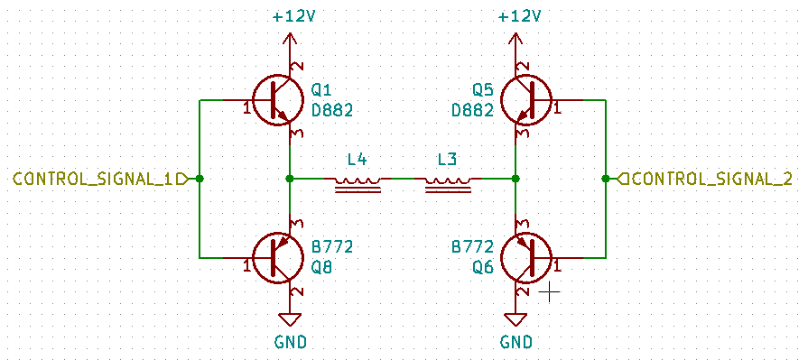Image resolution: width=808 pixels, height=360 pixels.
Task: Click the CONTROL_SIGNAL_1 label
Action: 93,179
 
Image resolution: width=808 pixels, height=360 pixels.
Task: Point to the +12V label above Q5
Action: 519,17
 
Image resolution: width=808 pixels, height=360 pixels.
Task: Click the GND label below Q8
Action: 290,342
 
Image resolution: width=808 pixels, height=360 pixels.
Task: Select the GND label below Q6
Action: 515,342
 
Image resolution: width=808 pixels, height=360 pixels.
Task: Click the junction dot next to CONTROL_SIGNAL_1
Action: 200,179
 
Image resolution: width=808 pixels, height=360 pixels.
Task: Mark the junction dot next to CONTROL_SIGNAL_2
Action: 604,179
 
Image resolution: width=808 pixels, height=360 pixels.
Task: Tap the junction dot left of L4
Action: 289,179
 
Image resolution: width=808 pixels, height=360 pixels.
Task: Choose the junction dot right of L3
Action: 515,179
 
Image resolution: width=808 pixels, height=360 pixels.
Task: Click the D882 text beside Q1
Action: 331,110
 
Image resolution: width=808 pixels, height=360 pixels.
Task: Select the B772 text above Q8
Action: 331,246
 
